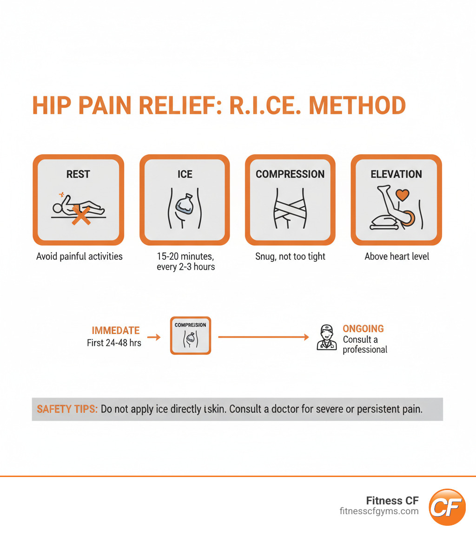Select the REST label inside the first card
78,174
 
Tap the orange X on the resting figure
80,216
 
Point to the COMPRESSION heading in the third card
290,174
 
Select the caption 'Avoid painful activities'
79,256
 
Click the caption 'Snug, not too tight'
291,256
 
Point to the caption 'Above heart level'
397,256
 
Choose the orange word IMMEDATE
116,331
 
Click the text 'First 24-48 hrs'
114,343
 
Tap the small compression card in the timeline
191,335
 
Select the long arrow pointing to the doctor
263,337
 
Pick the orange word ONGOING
363,328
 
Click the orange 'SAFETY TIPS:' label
67,409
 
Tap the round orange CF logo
447,507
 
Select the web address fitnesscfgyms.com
379,511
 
